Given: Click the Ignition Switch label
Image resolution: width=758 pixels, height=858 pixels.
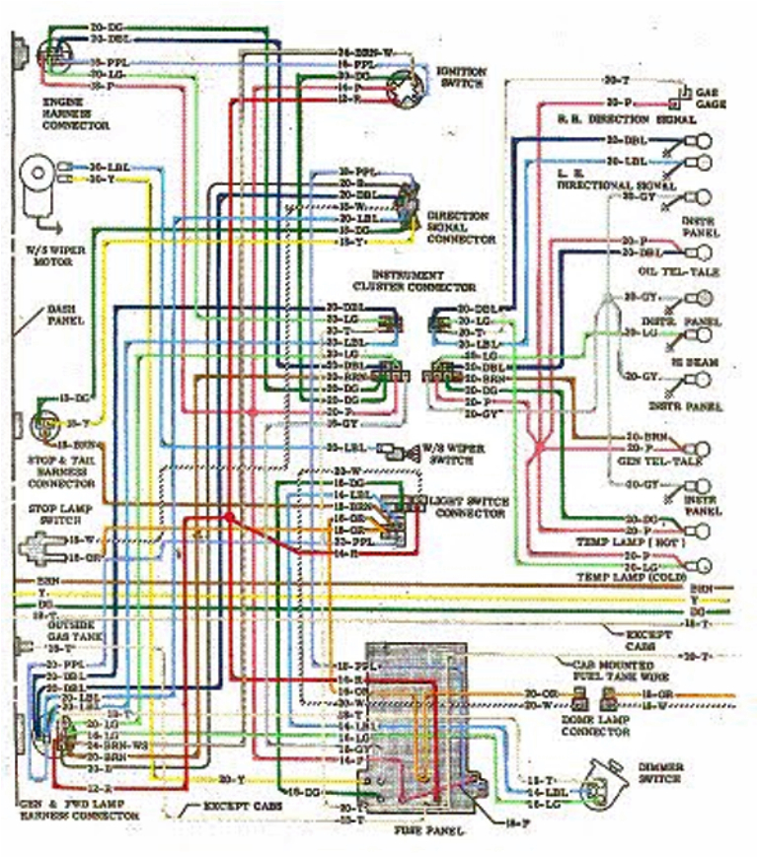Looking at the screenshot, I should [x=461, y=78].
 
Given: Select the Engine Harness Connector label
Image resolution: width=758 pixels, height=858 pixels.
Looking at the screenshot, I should [x=75, y=113].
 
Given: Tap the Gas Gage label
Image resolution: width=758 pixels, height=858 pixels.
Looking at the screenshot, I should [x=710, y=97].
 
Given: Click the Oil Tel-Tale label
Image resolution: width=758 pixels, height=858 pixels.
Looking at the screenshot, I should [x=692, y=271].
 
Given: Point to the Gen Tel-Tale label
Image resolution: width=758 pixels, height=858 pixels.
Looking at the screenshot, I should [x=674, y=461].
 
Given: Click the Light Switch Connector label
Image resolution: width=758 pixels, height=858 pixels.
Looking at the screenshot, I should [x=472, y=508].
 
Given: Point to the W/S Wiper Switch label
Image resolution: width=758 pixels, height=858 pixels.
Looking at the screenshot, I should [x=454, y=454].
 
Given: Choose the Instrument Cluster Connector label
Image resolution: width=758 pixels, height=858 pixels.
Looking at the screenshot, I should [x=423, y=280].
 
